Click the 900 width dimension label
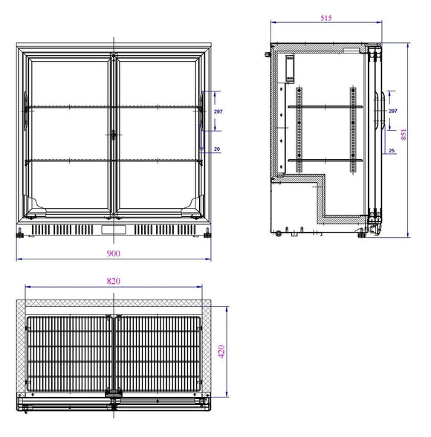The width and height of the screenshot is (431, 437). coord(113,253)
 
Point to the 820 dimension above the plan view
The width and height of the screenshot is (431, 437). coord(114,281)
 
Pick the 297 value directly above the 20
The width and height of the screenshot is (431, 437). coord(218,111)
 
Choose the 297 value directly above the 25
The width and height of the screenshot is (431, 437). coord(392,111)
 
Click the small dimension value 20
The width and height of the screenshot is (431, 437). coord(216,149)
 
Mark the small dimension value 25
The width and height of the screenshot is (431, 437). coord(391,151)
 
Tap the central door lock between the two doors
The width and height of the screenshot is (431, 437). coord(114,135)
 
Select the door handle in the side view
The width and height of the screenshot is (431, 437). coord(380,115)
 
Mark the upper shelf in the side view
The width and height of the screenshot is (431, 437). coord(325,106)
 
